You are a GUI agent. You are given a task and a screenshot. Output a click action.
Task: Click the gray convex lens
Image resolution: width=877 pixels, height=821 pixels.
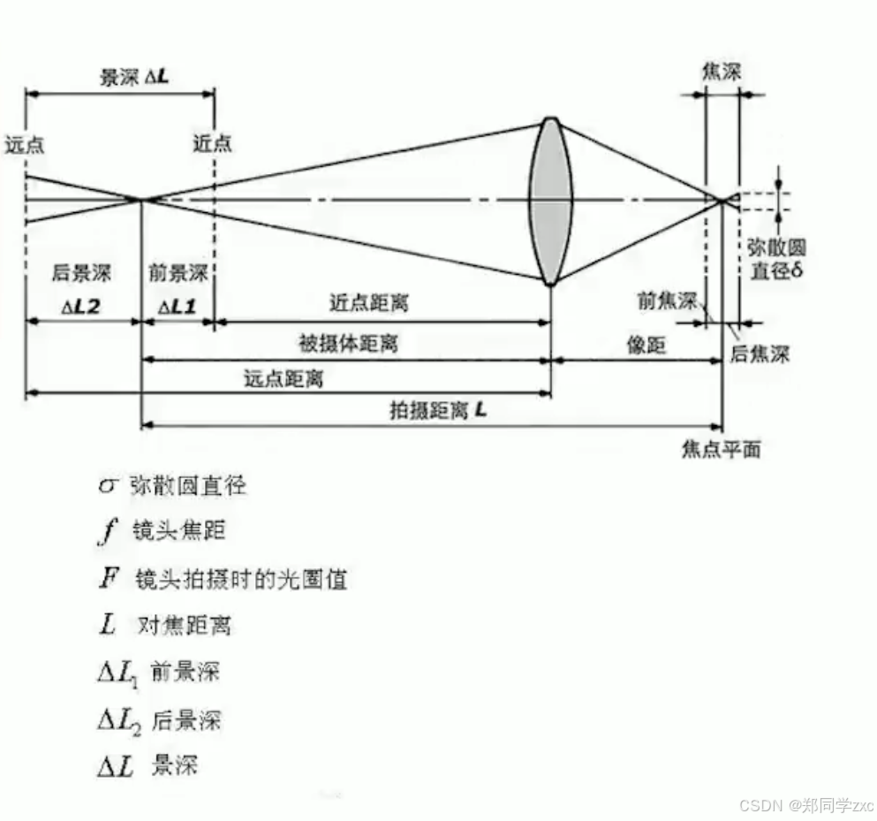[x=549, y=201]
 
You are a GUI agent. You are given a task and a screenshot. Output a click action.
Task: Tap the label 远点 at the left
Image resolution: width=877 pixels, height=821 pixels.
[x=24, y=144]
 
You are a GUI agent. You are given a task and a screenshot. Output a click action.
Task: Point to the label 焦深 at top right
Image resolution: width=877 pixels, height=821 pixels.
[x=722, y=73]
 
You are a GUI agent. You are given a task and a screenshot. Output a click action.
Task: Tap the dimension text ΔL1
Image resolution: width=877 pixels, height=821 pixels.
[x=178, y=306]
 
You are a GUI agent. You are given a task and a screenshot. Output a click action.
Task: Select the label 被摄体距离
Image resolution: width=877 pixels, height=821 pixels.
[x=349, y=343]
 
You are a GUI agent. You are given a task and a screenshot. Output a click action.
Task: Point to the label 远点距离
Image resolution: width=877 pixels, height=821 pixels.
[x=284, y=379]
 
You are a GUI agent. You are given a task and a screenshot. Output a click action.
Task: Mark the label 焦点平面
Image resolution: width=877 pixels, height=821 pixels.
[x=721, y=450]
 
